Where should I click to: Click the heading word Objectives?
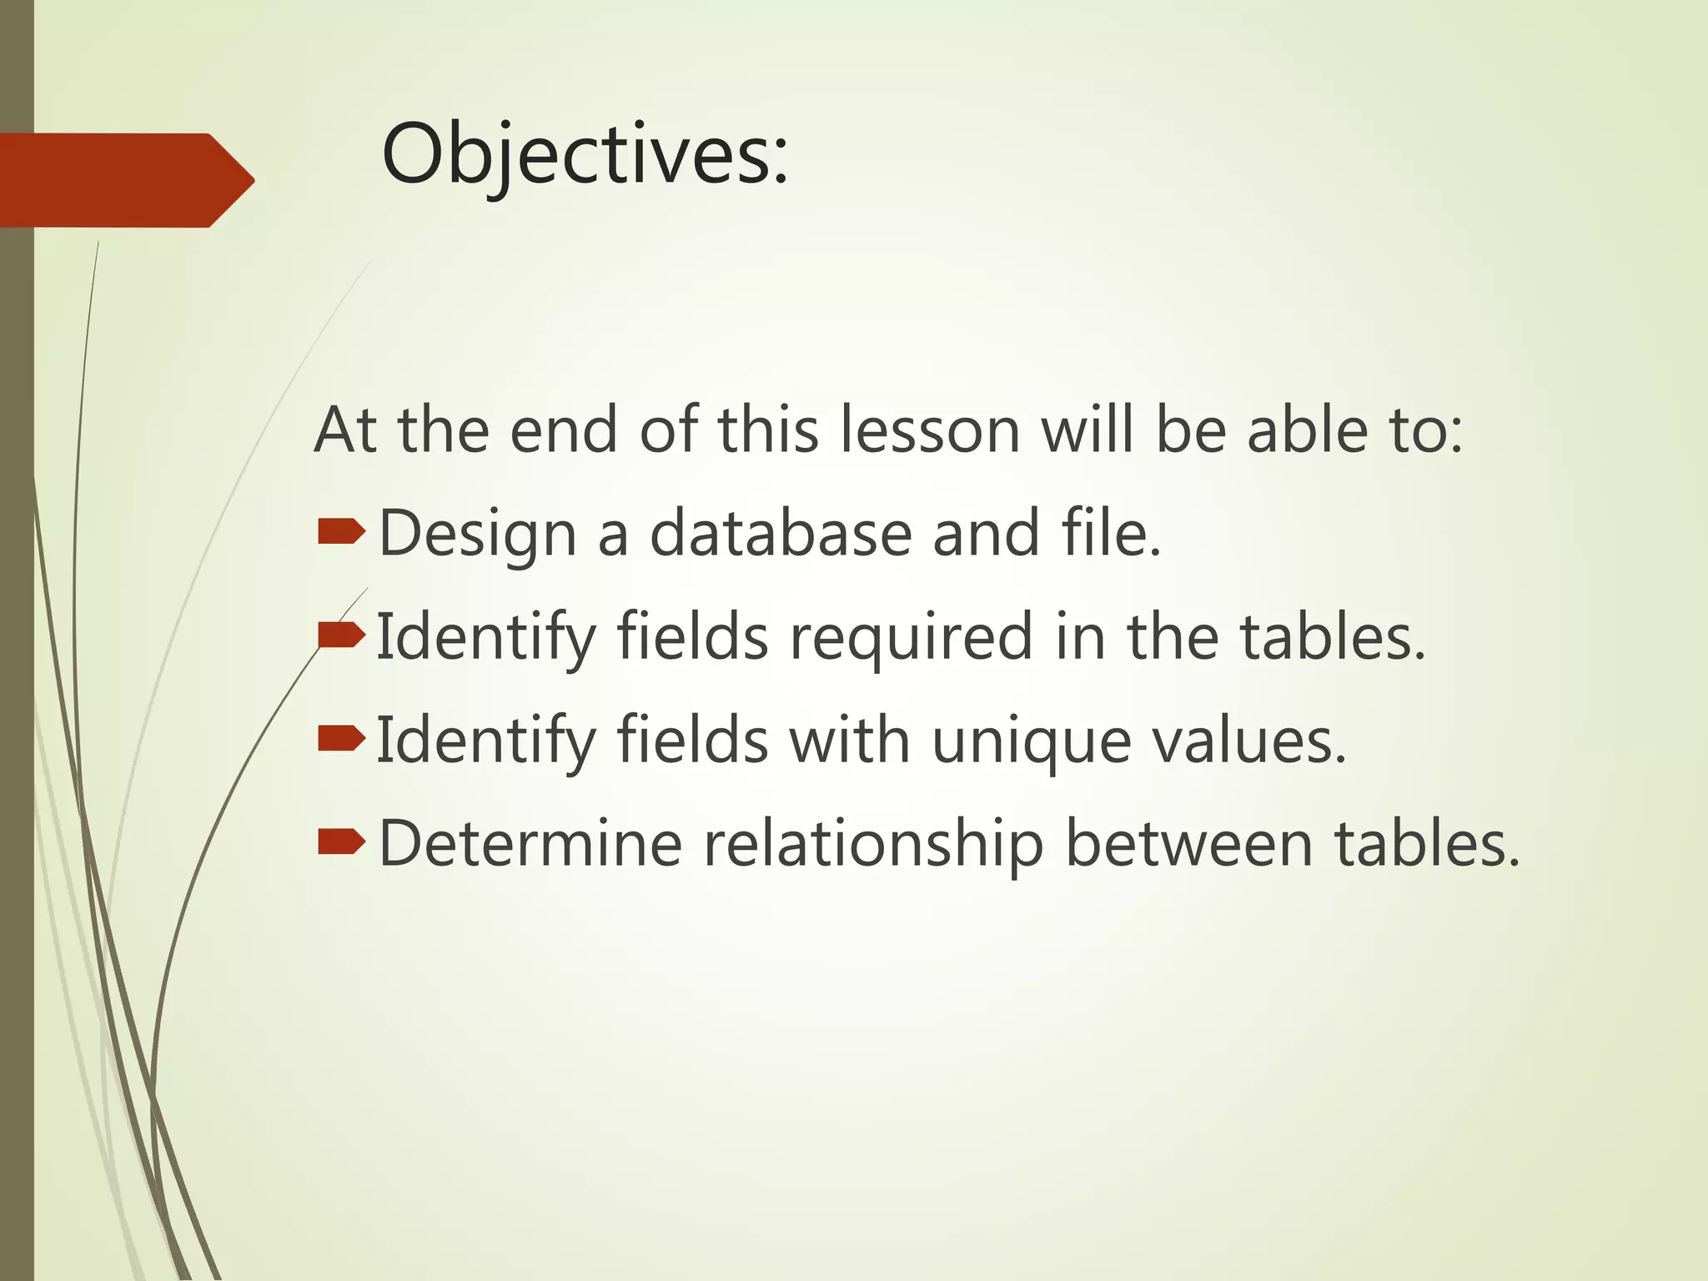pos(584,155)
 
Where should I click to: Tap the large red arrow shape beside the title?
pos(125,180)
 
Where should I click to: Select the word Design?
pos(477,535)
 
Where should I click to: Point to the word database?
pos(781,534)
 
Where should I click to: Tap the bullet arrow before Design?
pos(341,531)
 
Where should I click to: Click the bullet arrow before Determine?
pos(341,842)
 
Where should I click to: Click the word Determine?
pos(530,844)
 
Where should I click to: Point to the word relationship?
pos(873,846)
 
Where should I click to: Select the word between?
pos(1189,844)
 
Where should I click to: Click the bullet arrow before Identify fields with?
pos(341,738)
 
